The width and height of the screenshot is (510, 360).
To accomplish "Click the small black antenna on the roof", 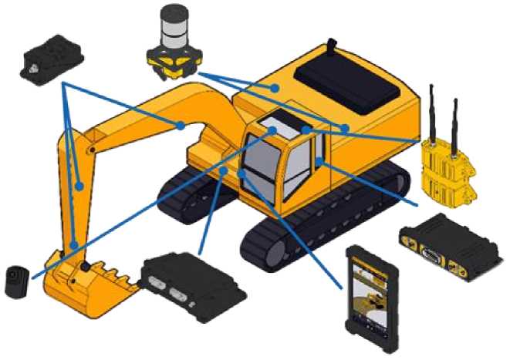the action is click(x=333, y=45).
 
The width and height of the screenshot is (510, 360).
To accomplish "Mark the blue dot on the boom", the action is click(x=179, y=124).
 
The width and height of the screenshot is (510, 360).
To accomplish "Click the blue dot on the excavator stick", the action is click(x=79, y=185).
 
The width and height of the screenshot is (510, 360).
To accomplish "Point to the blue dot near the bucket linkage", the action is click(x=74, y=245).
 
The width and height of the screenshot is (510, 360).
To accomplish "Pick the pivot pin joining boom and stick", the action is click(x=93, y=146).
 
